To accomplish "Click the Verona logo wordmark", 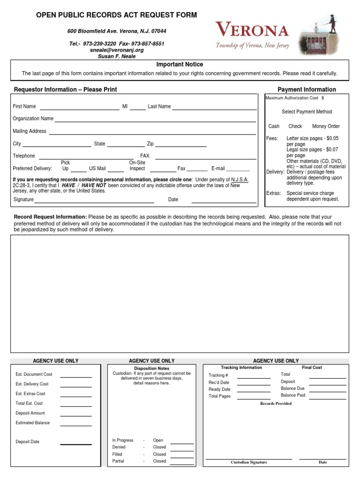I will pos(252,31).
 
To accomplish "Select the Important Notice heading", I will pos(180,65).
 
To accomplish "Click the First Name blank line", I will pos(79,108).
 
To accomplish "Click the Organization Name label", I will pos(33,119).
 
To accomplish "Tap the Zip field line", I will pos(181,146).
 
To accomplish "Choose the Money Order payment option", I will pos(326,126).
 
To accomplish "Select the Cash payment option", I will pos(274,126).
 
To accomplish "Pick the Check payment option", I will pos(295,126).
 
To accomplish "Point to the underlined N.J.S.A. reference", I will pos(240,180).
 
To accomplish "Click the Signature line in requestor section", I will pos(94,202).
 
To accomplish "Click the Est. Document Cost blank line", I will pos(75,376).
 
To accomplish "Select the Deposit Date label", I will pos(27,442).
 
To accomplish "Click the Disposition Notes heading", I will pos(151,368).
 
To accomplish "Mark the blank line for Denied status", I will pos(182,450).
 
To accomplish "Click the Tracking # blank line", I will pos(253,377).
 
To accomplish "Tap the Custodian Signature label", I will pos(248,462).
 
